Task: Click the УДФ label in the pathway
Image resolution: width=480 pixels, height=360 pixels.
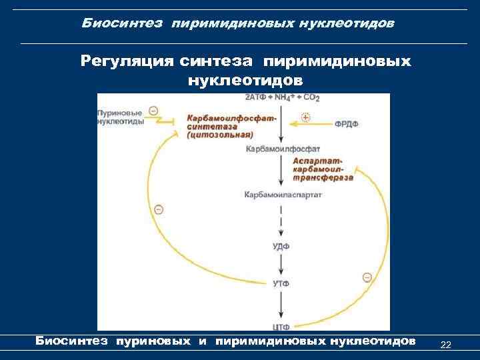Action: click(x=281, y=246)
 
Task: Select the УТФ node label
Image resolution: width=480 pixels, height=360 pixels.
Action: click(x=281, y=285)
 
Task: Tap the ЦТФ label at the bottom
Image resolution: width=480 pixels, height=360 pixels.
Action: click(x=281, y=326)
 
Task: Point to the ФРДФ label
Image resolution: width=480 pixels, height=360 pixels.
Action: click(x=347, y=124)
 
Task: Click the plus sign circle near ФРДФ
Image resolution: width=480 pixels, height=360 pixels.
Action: click(x=307, y=117)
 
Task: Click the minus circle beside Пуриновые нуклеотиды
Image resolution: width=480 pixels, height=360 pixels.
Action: click(x=154, y=111)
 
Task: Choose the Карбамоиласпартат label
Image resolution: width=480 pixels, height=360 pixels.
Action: click(x=283, y=195)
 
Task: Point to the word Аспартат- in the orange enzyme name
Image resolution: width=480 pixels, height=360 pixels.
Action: click(x=319, y=162)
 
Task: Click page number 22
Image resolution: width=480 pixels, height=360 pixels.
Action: click(x=446, y=345)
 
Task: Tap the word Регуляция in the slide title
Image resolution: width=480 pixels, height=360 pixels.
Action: click(x=127, y=62)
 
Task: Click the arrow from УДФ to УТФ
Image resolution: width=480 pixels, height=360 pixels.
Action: click(x=282, y=265)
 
